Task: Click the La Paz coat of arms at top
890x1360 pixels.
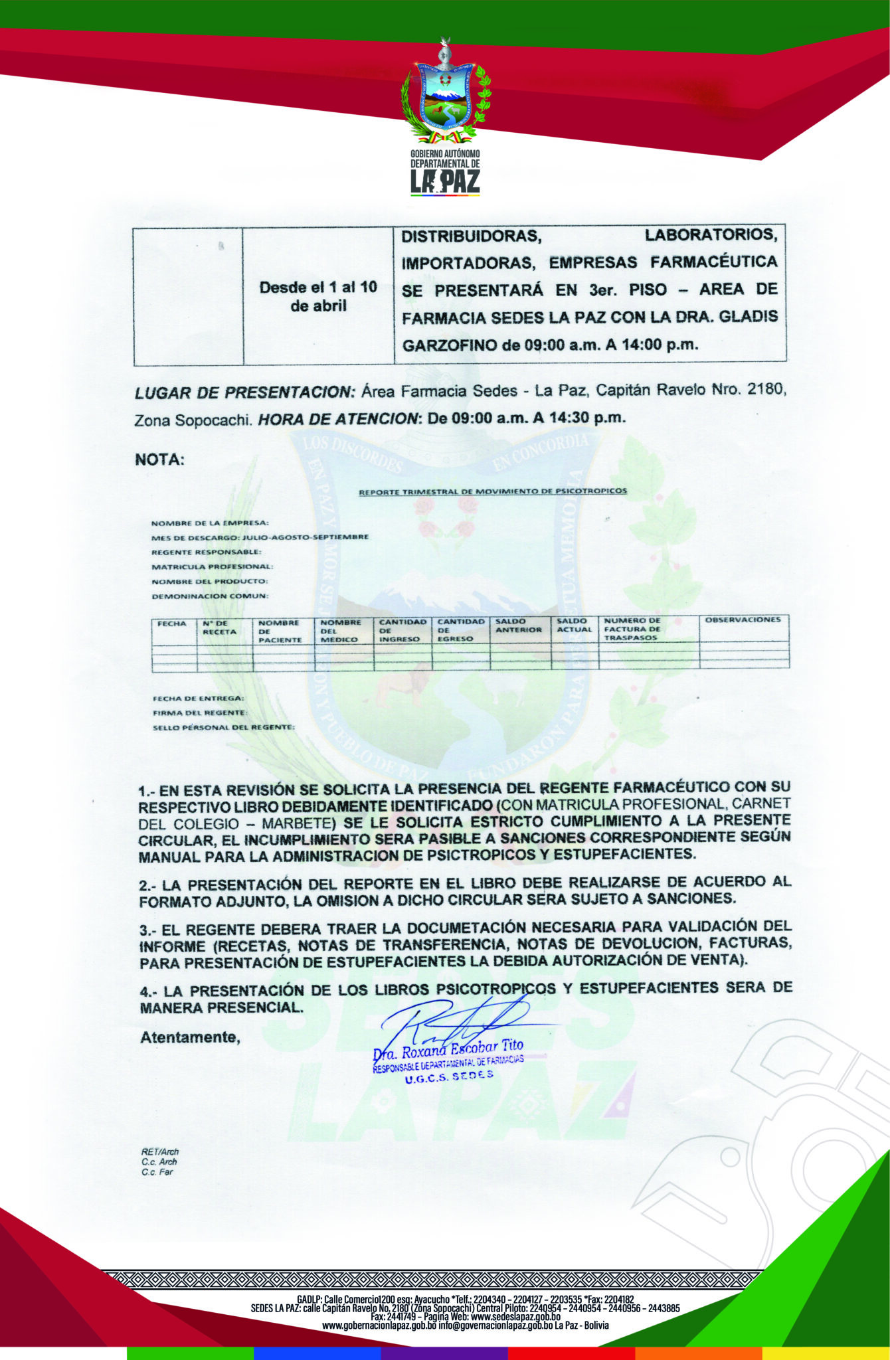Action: click(x=445, y=93)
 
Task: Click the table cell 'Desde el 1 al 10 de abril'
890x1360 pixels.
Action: click(x=318, y=296)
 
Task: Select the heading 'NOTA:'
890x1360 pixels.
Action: click(x=159, y=460)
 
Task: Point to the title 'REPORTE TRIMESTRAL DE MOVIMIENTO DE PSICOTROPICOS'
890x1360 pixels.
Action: click(x=492, y=492)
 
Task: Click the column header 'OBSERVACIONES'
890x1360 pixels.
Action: click(x=743, y=620)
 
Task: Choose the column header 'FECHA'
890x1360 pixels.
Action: click(x=171, y=624)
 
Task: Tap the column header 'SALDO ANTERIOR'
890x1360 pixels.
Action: click(x=519, y=626)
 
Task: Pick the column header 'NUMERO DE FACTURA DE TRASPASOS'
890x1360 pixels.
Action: click(x=632, y=629)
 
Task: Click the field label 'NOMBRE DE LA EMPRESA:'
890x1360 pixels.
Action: click(x=210, y=523)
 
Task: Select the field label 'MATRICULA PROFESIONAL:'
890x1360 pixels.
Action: click(x=212, y=566)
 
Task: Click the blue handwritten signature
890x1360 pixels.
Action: click(x=458, y=1023)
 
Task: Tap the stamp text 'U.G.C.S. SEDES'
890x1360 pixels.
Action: click(x=449, y=1077)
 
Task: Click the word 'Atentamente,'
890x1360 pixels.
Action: click(x=189, y=1037)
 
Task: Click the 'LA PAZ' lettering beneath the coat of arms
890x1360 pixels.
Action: click(x=445, y=181)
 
